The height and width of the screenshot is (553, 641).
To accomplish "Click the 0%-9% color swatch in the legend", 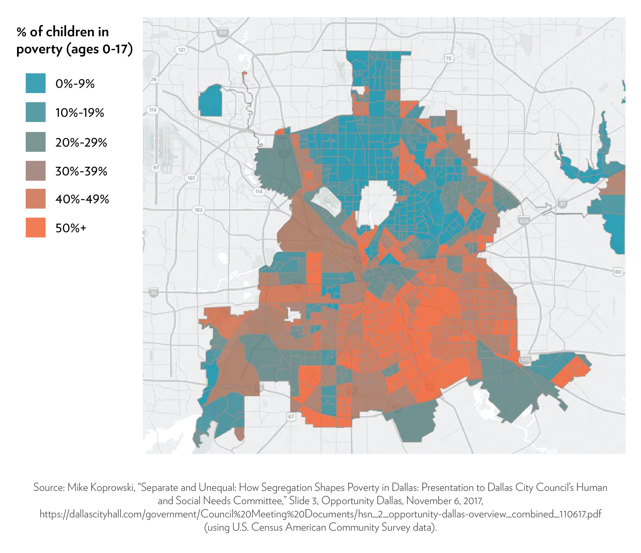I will (36, 83).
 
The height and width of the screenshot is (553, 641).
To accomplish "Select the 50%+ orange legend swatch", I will (36, 228).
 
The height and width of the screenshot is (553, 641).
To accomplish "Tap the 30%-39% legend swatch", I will (36, 171).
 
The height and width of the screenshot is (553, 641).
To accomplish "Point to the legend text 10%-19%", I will (79, 113).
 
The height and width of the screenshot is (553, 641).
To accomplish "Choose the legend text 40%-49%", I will (82, 199).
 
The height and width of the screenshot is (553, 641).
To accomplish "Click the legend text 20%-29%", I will (81, 142).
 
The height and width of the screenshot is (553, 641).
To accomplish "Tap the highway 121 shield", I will (181, 50).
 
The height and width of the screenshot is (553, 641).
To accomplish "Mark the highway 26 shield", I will (153, 79).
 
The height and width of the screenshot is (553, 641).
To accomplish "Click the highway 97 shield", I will (156, 168).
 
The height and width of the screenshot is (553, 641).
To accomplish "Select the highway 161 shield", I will (191, 178).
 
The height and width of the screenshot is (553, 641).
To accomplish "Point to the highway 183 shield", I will (198, 210).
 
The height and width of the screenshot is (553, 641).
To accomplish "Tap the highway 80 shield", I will (618, 272).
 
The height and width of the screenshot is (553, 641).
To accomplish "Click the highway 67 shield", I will (291, 416).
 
